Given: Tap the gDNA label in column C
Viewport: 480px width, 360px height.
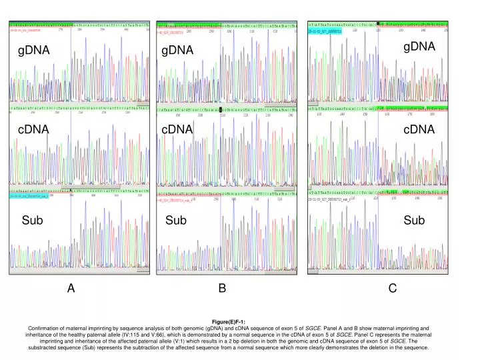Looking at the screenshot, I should (419, 46).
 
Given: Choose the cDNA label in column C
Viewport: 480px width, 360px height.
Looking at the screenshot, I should (419, 131).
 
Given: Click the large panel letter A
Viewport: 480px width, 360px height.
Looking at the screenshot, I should (71, 289).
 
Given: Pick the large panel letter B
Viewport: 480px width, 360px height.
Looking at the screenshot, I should (223, 288).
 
